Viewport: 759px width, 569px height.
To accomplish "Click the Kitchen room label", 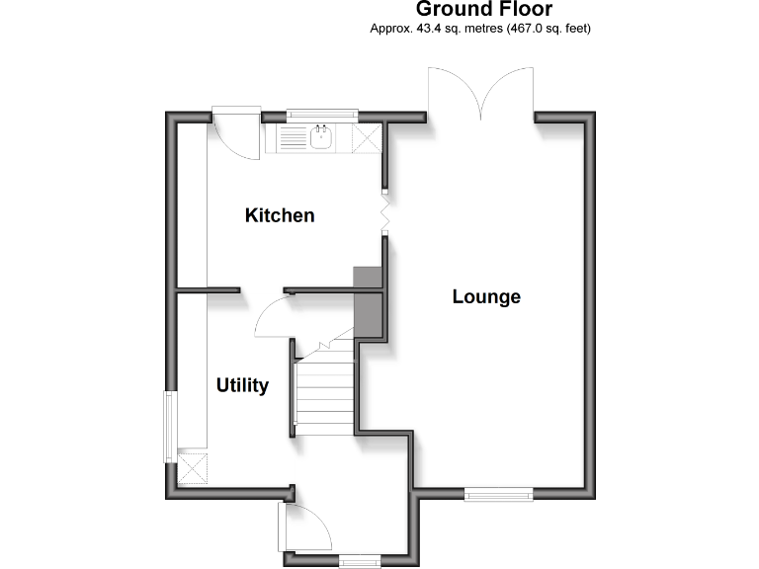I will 280,215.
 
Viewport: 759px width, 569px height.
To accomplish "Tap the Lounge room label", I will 486,296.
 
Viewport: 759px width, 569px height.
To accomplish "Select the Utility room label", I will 242,385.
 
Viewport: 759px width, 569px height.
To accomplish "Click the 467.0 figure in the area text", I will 524,29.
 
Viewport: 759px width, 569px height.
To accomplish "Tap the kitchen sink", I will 321,139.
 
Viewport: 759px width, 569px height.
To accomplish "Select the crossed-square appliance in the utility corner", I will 192,467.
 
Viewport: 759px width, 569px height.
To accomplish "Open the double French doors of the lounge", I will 481,94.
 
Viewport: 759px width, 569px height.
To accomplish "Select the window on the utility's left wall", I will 169,426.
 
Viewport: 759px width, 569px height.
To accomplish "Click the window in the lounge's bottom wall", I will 498,495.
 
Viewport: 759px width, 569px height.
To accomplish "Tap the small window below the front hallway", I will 360,562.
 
